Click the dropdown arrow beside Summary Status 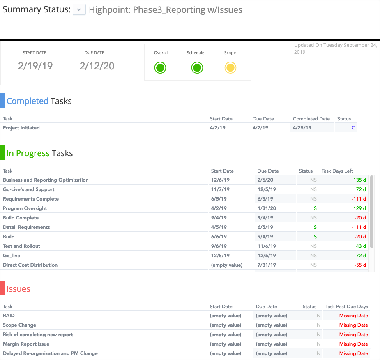point(79,10)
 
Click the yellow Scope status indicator point(230,68)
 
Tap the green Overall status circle point(160,68)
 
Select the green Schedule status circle point(197,68)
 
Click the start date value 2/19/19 point(35,66)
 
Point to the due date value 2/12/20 point(97,66)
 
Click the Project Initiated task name point(21,128)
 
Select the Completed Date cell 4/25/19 point(302,128)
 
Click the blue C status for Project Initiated point(353,128)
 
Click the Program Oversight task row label point(25,208)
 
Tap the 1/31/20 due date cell point(267,208)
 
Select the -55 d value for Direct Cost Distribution point(360,265)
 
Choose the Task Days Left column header point(337,171)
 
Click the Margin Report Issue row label point(26,344)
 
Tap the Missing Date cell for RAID point(353,316)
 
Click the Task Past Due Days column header point(346,307)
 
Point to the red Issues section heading point(18,289)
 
